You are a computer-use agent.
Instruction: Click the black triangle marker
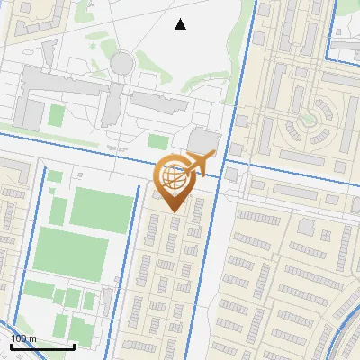(x=180, y=24)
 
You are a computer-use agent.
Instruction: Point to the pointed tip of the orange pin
(x=174, y=211)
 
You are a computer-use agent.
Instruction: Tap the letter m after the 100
(x=32, y=338)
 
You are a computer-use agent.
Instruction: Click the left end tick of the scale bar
(x=11, y=344)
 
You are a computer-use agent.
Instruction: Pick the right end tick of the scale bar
(x=74, y=344)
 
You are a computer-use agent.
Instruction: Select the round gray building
(x=121, y=63)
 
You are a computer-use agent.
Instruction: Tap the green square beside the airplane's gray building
(x=158, y=142)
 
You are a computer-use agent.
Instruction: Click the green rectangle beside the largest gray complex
(x=56, y=115)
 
